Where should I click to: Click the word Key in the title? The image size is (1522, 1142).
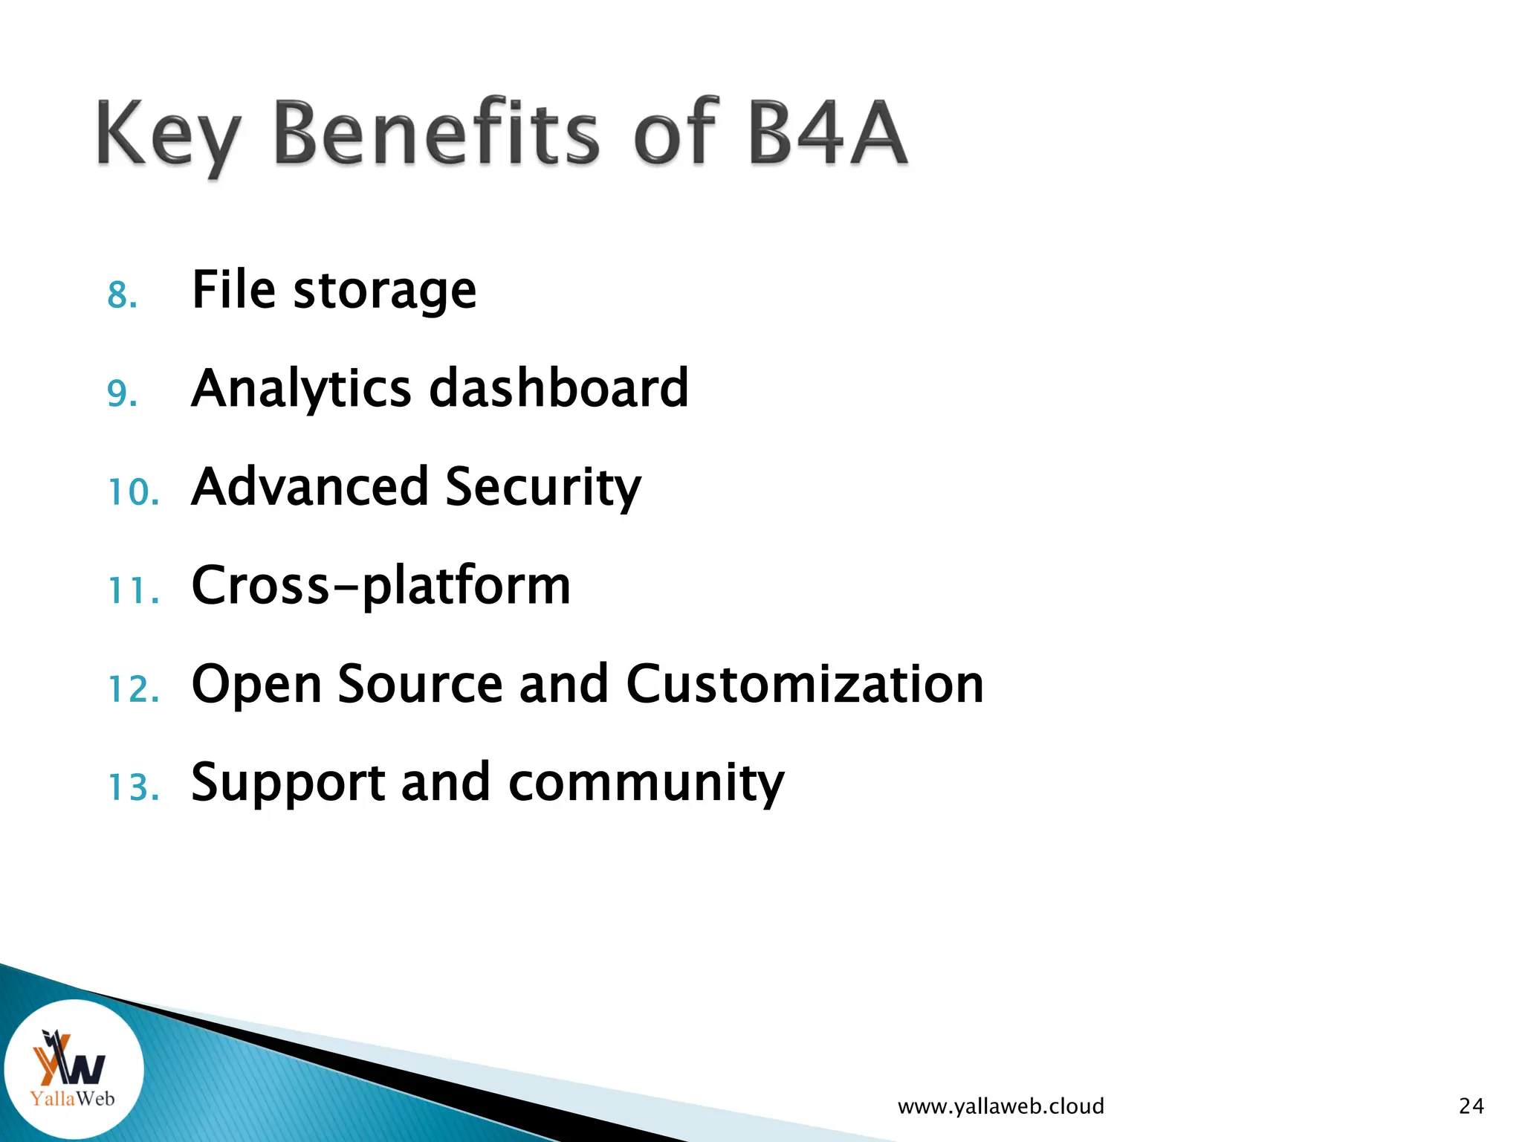[x=168, y=134]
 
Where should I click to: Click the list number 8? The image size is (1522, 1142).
[x=123, y=295]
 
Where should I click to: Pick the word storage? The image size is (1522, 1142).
[x=385, y=291]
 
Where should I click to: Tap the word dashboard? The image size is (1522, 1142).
[x=559, y=388]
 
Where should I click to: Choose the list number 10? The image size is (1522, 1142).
[x=134, y=492]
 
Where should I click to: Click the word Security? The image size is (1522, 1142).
[x=543, y=487]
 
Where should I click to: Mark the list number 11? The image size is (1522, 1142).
[x=134, y=591]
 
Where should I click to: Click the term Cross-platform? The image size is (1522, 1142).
[x=380, y=586]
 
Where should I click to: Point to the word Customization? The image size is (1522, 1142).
[x=805, y=684]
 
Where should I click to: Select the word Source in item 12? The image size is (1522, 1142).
[x=421, y=684]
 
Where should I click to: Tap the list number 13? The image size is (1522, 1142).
[x=134, y=787]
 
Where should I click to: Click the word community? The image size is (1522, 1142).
[x=646, y=784]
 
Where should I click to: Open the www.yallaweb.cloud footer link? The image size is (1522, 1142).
[x=1000, y=1106]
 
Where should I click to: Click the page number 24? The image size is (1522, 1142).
[x=1471, y=1106]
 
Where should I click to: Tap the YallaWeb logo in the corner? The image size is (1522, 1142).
[x=73, y=1069]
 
